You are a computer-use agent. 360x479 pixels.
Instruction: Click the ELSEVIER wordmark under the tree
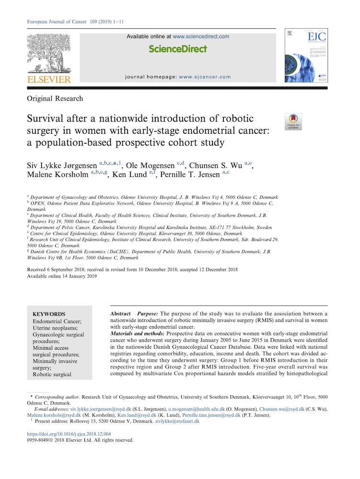(48, 79)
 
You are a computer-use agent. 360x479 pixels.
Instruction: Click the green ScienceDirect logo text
(177, 49)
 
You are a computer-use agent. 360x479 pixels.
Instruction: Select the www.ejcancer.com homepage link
(205, 77)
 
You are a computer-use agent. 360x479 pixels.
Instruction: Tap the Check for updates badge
(293, 122)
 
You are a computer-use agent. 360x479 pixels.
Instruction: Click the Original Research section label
(55, 99)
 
